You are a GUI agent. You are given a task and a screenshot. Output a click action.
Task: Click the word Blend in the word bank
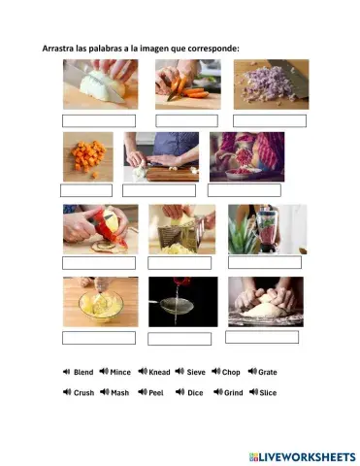pos(83,372)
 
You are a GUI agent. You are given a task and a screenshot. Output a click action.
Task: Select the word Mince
pos(120,372)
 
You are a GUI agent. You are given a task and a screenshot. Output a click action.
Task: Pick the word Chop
pos(231,372)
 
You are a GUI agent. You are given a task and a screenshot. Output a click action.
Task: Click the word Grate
pos(268,372)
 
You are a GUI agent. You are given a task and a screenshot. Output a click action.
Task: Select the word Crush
pos(83,393)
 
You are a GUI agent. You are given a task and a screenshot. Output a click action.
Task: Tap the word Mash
pos(120,393)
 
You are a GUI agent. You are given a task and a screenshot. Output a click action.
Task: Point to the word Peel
pos(156,393)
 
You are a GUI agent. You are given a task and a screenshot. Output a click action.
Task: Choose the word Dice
pos(195,393)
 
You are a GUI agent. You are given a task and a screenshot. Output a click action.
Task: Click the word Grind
pos(233,393)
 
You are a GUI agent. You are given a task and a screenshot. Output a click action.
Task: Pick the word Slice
pos(268,393)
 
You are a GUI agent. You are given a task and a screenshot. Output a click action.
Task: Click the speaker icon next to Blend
pos(66,372)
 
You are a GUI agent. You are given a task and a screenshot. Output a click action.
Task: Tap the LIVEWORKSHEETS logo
pos(302,455)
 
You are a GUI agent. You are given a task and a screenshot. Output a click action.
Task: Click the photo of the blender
pos(267,229)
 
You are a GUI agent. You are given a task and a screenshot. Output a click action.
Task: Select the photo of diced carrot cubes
pos(88,156)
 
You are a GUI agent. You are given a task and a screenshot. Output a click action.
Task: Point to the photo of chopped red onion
pos(271,83)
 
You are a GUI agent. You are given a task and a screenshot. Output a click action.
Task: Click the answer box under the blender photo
pos(265,262)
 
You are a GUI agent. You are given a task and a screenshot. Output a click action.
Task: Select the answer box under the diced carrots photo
pos(86,190)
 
